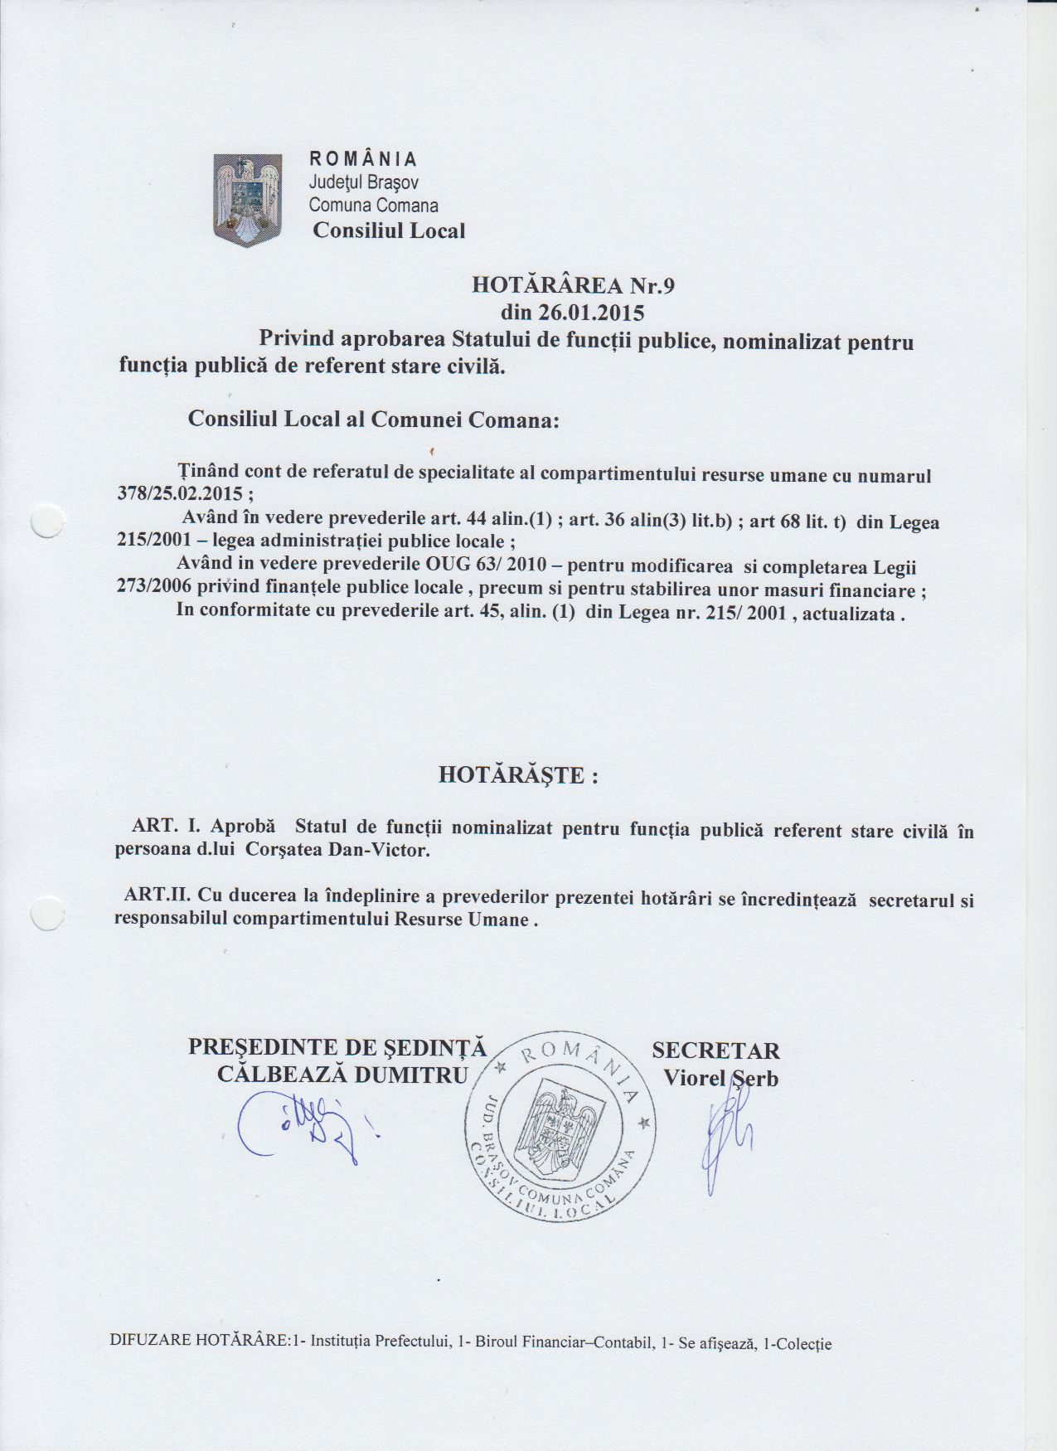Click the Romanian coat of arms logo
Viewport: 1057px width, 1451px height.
pyautogui.click(x=248, y=200)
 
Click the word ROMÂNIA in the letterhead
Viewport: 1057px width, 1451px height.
pyautogui.click(x=363, y=159)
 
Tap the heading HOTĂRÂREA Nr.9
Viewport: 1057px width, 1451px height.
pyautogui.click(x=574, y=286)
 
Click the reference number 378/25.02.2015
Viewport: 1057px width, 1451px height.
pyautogui.click(x=180, y=494)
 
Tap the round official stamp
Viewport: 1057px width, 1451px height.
pyautogui.click(x=560, y=1124)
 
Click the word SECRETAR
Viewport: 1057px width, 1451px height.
pyautogui.click(x=715, y=1051)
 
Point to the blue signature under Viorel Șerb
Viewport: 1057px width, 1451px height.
pyautogui.click(x=725, y=1136)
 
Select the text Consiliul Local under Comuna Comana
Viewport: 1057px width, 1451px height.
pyautogui.click(x=389, y=231)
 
